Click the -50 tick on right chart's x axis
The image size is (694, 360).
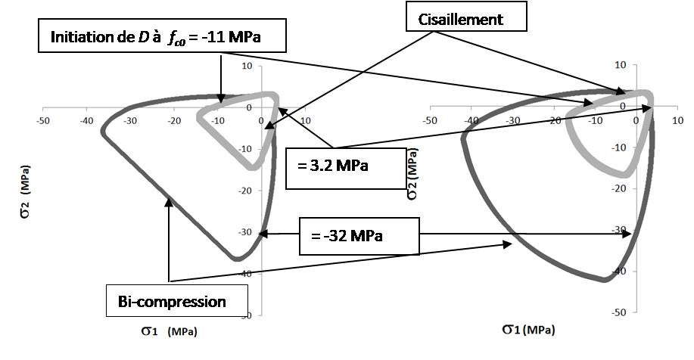click(429, 120)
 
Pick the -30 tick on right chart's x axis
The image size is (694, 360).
click(512, 120)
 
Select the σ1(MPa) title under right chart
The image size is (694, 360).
click(527, 330)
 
